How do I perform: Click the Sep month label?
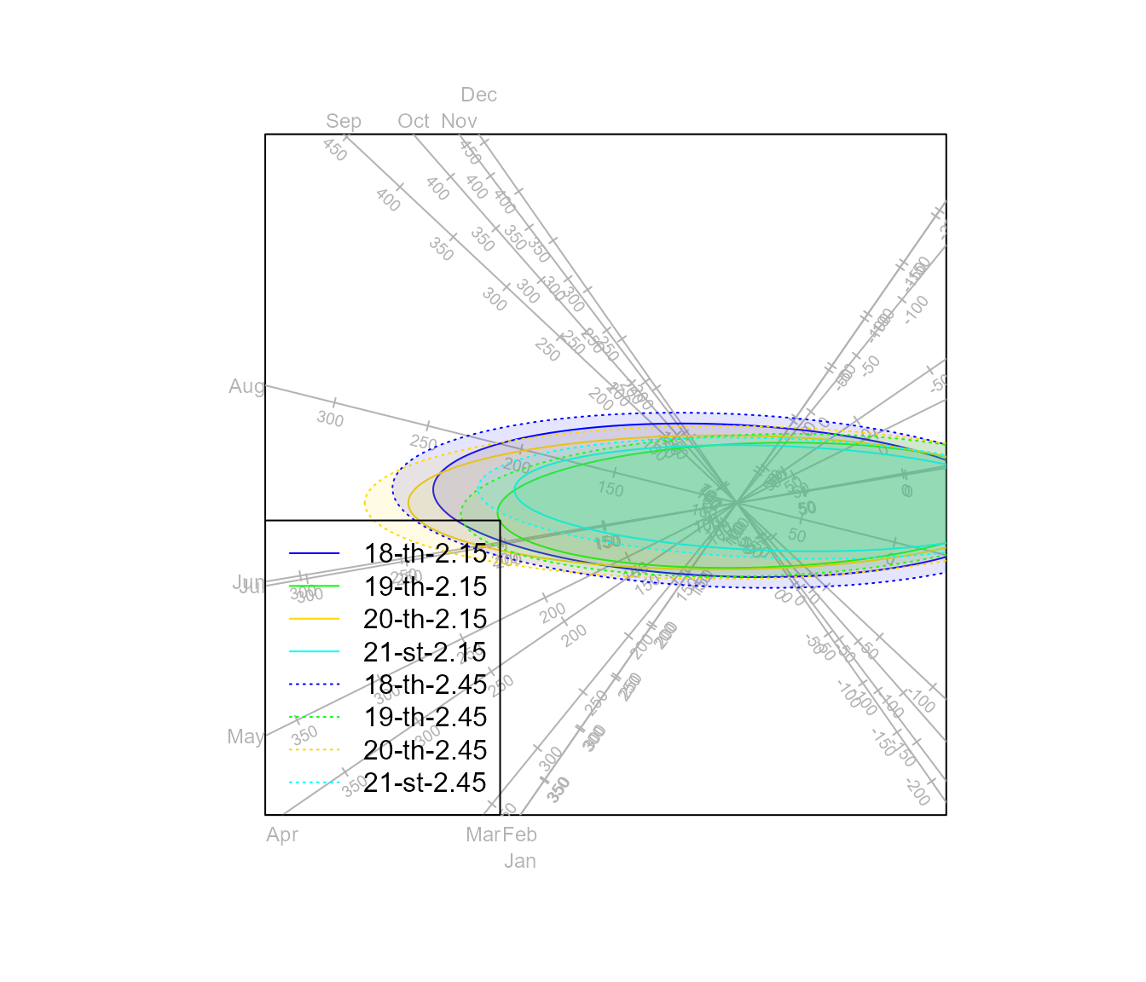tap(344, 121)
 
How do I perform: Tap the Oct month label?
tap(414, 121)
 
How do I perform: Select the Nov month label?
tap(459, 121)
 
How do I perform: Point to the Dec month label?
tap(478, 95)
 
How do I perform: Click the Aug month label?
tap(246, 386)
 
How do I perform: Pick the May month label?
tap(246, 736)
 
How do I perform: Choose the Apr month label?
tap(282, 835)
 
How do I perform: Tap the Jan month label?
tap(520, 861)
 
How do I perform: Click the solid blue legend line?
tap(314, 553)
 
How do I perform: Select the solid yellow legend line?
tap(314, 619)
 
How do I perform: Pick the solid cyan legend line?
tap(314, 652)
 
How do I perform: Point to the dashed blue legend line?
tap(314, 685)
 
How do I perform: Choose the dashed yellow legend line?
tap(314, 750)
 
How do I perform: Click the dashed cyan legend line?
tap(314, 783)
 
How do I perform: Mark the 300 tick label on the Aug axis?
tap(330, 419)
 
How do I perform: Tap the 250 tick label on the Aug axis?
tap(423, 443)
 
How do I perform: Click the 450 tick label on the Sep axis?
tap(334, 151)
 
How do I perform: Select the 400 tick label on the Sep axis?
tap(387, 200)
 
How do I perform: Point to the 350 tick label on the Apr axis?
tap(355, 786)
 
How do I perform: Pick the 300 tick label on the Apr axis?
tap(428, 735)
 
